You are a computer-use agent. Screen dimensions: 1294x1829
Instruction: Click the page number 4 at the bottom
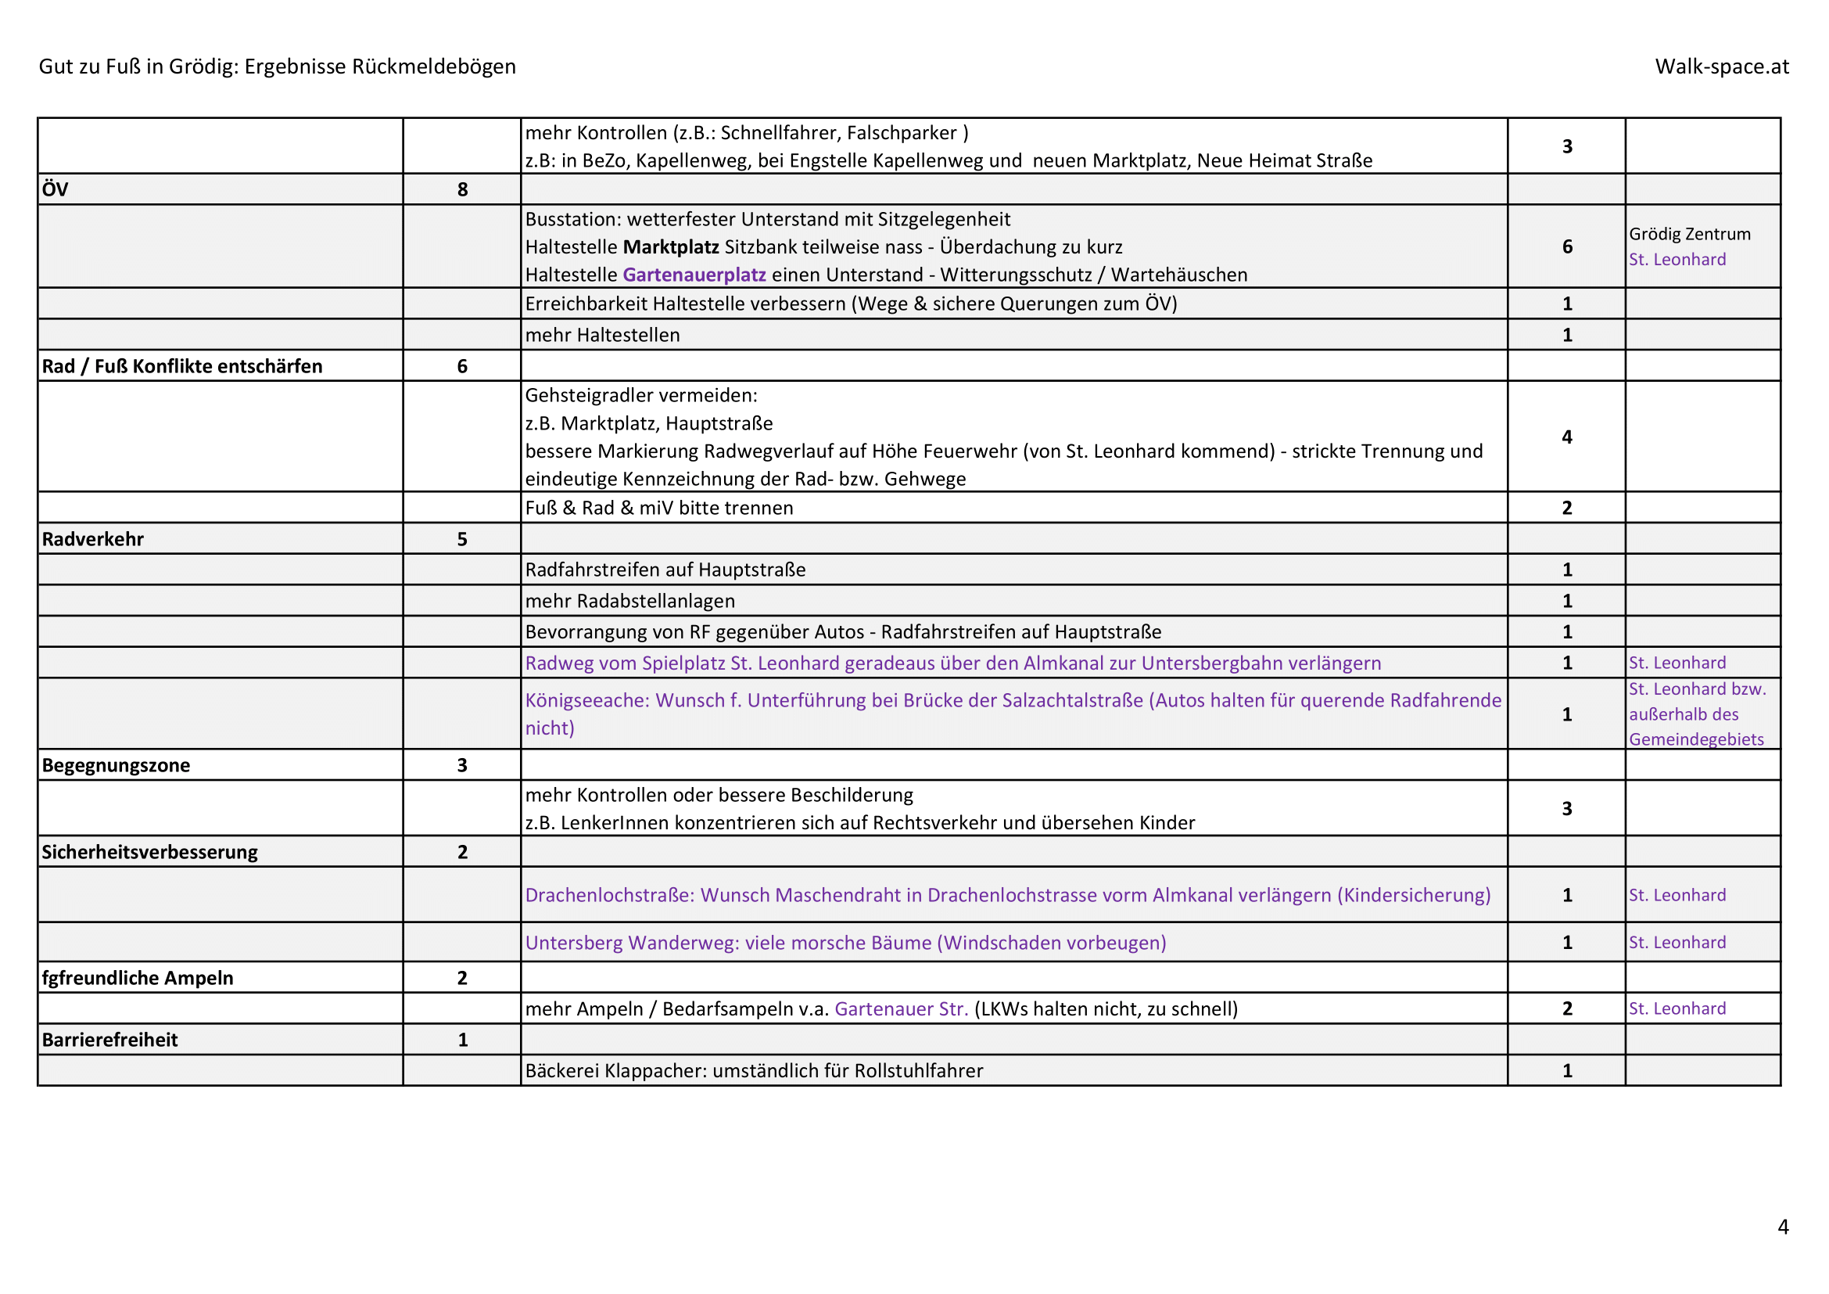[1783, 1226]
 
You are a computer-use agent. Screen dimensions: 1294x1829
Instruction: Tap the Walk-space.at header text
[1721, 66]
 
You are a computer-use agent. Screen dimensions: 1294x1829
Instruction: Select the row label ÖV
[55, 189]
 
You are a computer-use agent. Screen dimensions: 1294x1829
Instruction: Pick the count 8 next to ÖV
[462, 189]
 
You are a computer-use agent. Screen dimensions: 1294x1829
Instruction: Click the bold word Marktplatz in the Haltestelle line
[671, 247]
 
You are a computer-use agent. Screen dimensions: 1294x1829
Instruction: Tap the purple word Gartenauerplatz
[694, 275]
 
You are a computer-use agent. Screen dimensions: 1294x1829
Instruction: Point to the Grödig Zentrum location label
[1690, 234]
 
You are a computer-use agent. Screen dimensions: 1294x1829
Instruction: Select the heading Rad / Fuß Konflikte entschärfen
[181, 366]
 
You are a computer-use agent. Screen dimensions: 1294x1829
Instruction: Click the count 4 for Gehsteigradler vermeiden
[1566, 437]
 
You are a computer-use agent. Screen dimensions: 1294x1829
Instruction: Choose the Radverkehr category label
[92, 540]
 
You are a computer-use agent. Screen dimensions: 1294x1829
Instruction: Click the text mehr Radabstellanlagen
[629, 601]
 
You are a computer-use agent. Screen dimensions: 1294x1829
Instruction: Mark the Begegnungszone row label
[116, 766]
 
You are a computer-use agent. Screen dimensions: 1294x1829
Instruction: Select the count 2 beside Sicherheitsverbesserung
[462, 853]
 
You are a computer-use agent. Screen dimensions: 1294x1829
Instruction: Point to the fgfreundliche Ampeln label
[137, 979]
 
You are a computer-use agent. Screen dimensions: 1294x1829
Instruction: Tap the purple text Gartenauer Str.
[901, 1009]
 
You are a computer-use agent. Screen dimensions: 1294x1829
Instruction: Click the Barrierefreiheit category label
[109, 1041]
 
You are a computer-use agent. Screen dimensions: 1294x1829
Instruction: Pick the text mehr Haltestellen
[602, 336]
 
